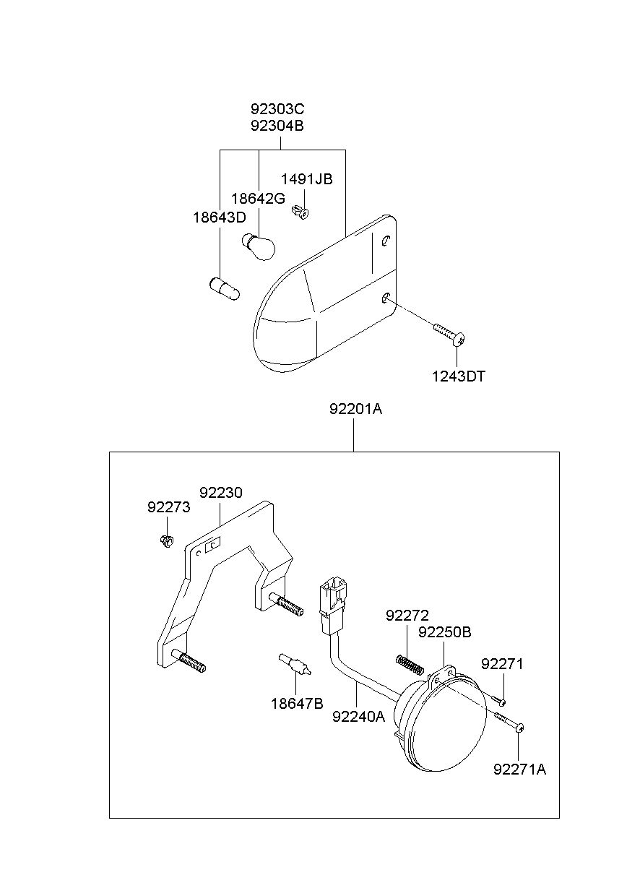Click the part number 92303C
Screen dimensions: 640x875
[277, 108]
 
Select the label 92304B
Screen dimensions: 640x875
[277, 126]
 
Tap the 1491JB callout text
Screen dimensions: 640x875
[306, 179]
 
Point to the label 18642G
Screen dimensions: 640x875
[258, 199]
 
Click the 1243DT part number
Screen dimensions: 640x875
[458, 376]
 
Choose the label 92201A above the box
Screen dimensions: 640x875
[355, 409]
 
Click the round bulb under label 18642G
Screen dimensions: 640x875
[259, 246]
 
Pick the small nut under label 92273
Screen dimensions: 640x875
[167, 541]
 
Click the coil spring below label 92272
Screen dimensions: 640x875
[410, 664]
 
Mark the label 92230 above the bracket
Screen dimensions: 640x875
[221, 493]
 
